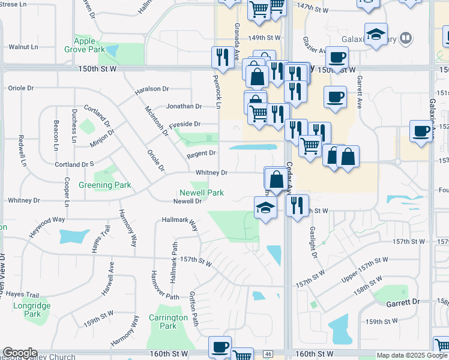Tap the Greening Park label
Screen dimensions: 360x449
pos(105,185)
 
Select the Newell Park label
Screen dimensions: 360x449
pos(202,193)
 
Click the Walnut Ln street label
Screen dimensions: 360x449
pos(23,46)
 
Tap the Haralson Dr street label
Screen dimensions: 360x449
pos(152,89)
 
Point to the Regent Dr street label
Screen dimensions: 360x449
pos(200,154)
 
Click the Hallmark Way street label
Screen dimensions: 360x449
pos(180,223)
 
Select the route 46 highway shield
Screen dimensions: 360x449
pos(268,354)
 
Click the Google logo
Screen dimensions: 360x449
pos(20,353)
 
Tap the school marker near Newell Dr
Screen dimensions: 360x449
pos(265,209)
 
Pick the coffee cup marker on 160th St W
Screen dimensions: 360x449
pos(220,347)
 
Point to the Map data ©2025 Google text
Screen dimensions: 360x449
pos(411,355)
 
